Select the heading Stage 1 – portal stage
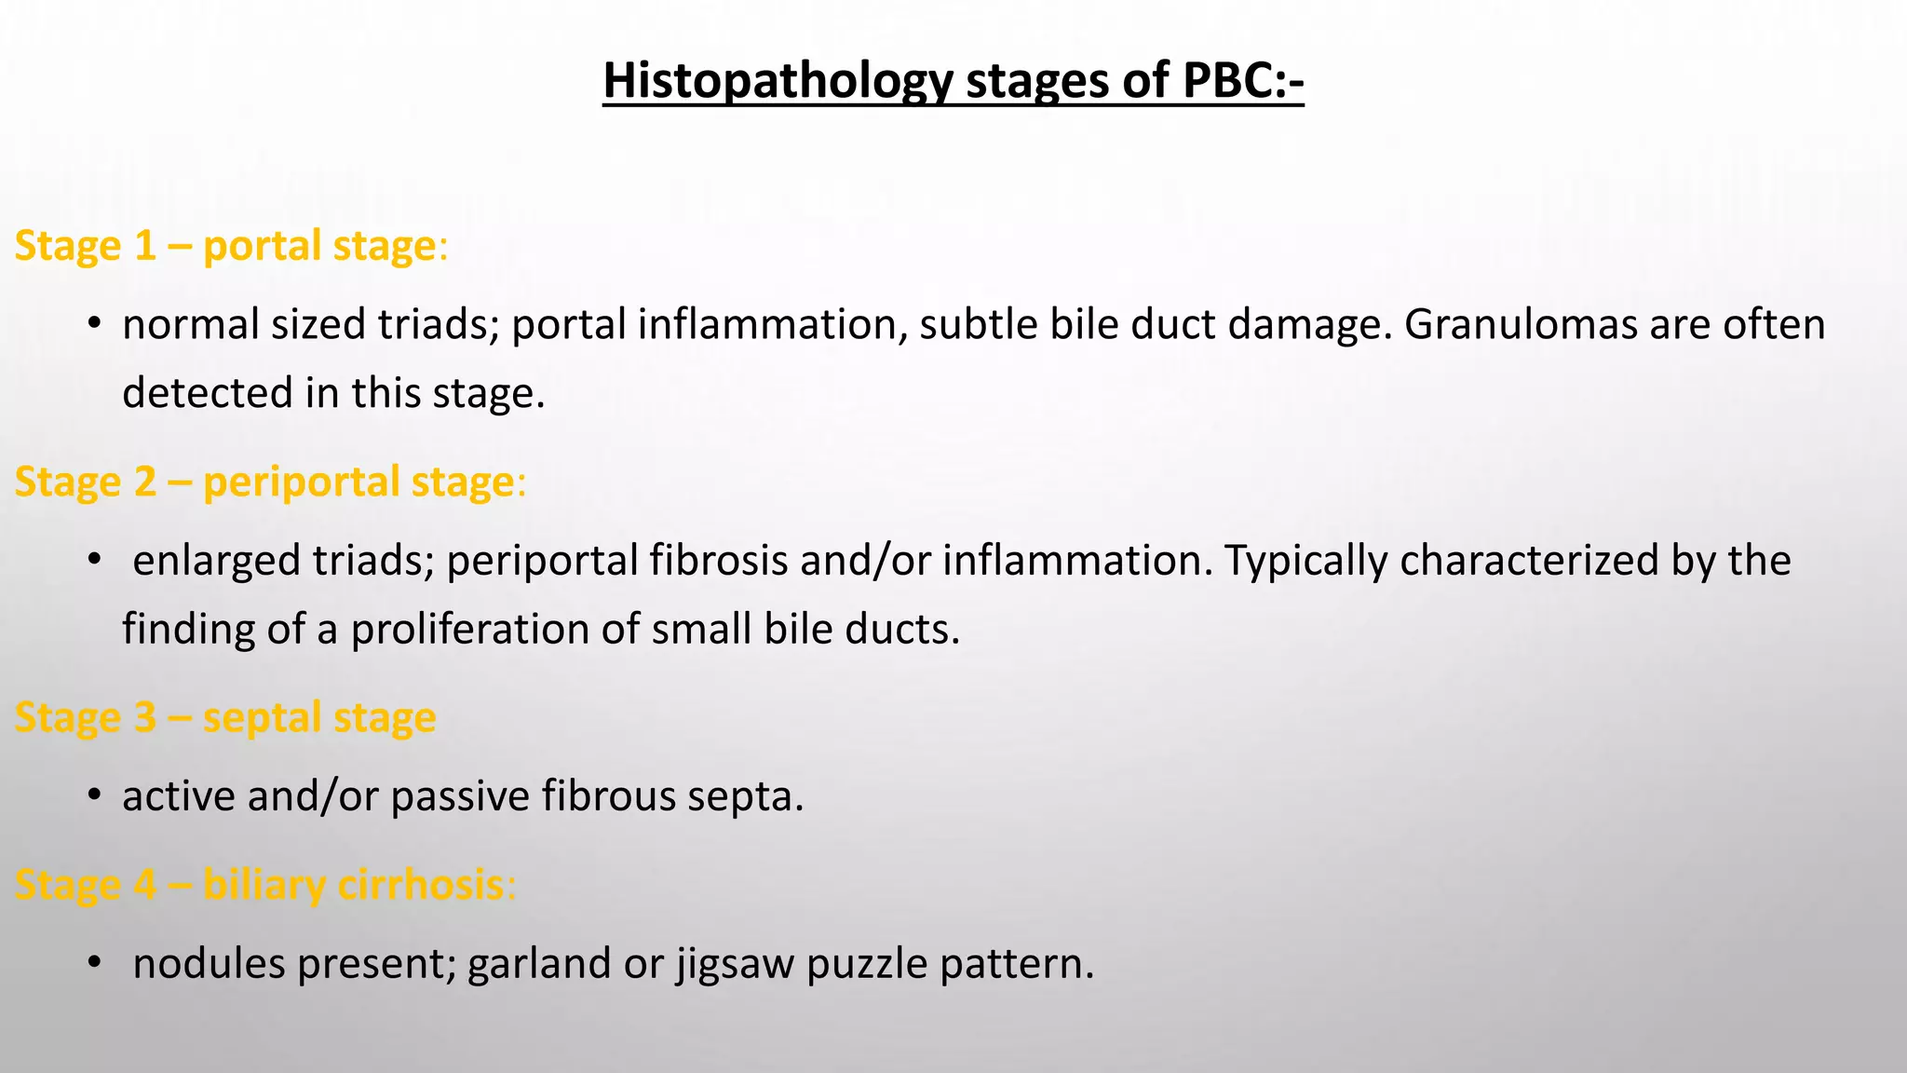[x=231, y=246]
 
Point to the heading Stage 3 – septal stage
[x=225, y=717]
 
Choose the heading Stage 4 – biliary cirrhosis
[x=264, y=884]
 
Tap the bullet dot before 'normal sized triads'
[x=93, y=324]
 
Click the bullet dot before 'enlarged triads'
[x=93, y=560]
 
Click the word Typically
[x=1305, y=561]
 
